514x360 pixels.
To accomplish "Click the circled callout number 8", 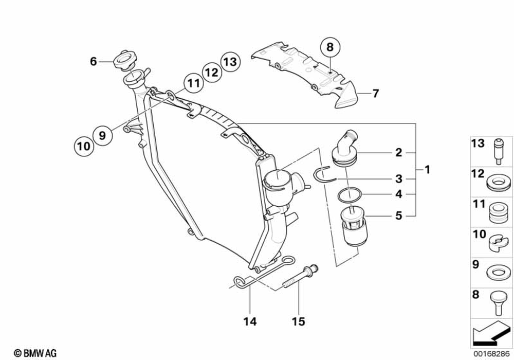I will tap(329, 47).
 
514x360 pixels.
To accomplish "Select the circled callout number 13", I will tap(230, 62).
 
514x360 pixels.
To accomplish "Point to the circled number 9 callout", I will tap(102, 135).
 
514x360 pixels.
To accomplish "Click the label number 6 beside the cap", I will tap(93, 62).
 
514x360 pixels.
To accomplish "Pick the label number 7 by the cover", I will tap(376, 94).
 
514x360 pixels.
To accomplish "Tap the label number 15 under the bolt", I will tap(299, 322).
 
